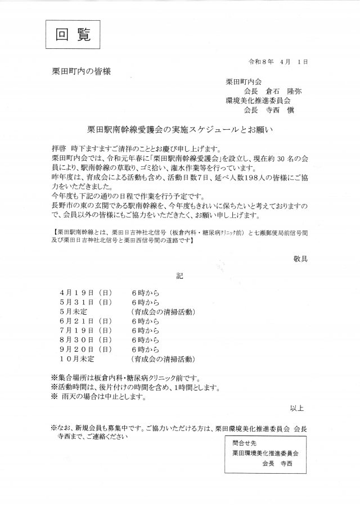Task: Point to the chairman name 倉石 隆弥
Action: pos(285,90)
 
